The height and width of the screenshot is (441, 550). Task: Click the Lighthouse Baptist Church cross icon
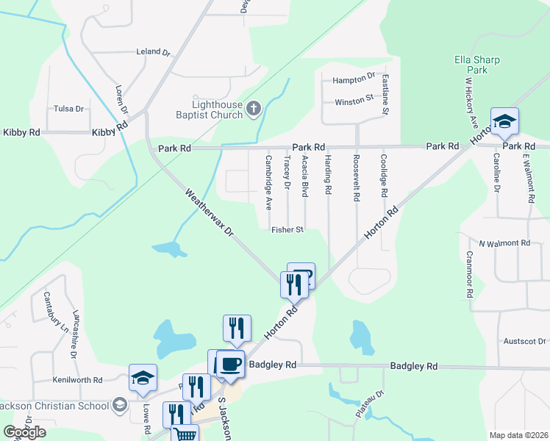point(253,110)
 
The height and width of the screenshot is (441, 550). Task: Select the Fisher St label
point(287,230)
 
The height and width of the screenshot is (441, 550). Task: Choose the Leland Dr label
point(153,53)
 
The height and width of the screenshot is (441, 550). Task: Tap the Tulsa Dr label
point(69,109)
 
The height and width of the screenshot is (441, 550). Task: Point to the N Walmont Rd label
point(504,243)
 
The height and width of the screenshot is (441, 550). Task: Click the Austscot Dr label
point(524,341)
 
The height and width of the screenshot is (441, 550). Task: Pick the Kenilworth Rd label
point(77,380)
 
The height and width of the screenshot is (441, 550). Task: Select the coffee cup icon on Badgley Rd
point(230,363)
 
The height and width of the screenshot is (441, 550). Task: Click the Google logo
point(24,432)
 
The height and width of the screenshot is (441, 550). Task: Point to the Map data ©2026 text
point(519,435)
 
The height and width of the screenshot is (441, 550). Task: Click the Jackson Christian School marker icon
point(119,404)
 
